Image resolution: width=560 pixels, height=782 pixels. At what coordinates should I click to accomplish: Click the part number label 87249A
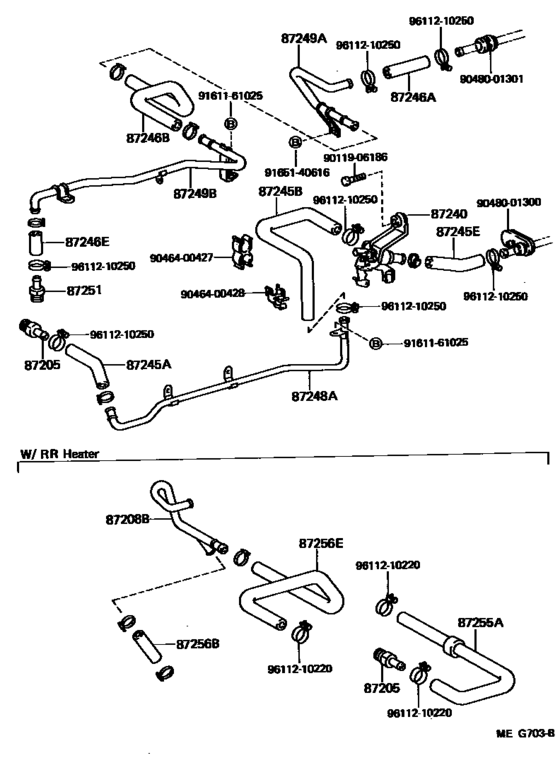[x=304, y=38]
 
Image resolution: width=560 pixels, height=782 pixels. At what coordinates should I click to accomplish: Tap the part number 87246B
[x=147, y=137]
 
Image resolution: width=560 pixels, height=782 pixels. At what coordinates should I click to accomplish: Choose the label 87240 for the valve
[x=449, y=214]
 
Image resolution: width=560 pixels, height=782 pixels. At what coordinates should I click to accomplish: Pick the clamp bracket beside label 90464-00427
[x=242, y=251]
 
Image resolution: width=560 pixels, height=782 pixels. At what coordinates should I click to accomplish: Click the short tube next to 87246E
[x=37, y=243]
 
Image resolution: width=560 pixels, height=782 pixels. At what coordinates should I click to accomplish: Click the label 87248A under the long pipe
[x=314, y=396]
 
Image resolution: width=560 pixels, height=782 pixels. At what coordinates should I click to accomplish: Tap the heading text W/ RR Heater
[x=59, y=453]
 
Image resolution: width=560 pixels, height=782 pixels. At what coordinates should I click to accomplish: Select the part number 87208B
[x=127, y=520]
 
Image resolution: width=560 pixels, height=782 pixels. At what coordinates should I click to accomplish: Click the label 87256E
[x=320, y=543]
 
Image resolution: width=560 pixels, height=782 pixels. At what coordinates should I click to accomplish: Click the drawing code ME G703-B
[x=524, y=761]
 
